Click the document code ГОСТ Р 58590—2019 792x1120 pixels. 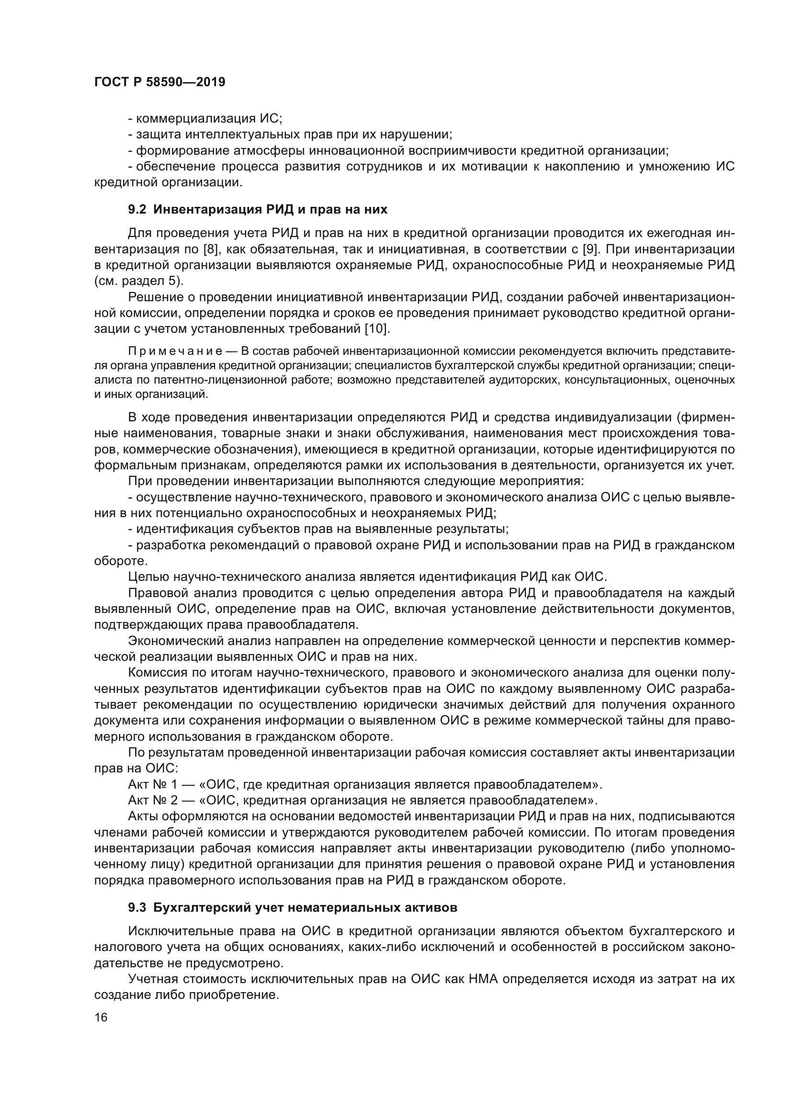[159, 82]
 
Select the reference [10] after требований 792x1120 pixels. [377, 329]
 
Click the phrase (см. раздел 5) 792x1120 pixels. [138, 281]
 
